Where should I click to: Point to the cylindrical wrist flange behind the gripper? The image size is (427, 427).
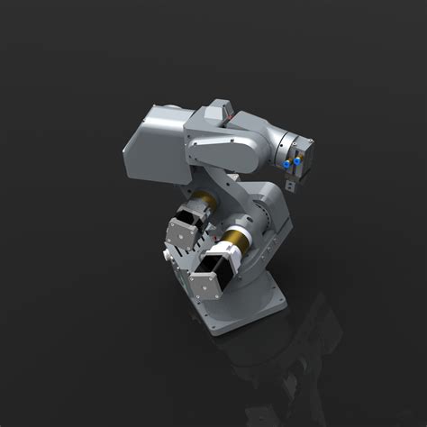tap(287, 144)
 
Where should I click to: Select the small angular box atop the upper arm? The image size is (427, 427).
tap(215, 114)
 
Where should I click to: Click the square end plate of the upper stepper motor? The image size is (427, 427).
tap(186, 232)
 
